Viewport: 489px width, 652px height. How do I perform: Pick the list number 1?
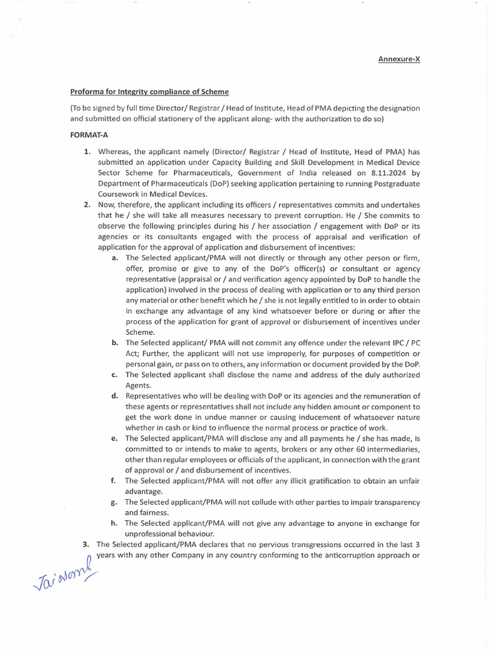pos(87,152)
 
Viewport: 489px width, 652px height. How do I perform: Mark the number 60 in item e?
pos(357,449)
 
